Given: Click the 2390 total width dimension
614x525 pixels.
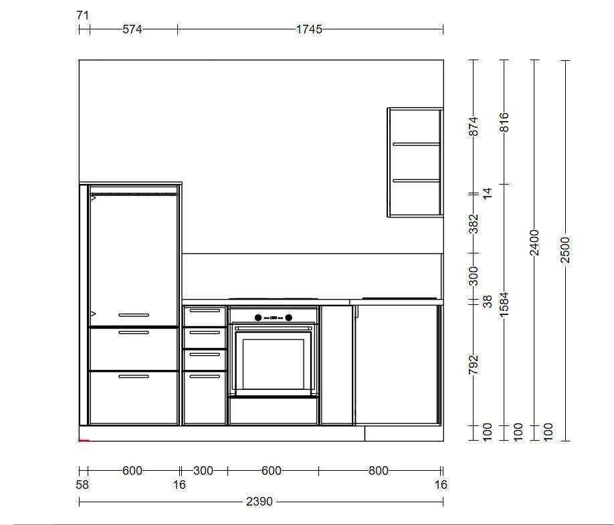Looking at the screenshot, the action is pos(259,502).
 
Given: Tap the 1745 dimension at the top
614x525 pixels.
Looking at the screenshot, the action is pos(309,29).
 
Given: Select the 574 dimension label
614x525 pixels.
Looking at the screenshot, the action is pos(132,29).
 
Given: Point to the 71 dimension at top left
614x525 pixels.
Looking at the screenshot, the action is pos(83,15).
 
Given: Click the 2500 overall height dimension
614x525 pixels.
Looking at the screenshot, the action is pos(565,249).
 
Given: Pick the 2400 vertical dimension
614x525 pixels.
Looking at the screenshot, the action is pos(534,243).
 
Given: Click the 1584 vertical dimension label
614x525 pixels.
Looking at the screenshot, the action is pos(504,304).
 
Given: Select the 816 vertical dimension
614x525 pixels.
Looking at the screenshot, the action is pos(504,122).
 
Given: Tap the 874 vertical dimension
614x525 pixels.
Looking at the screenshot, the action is pos(474,126).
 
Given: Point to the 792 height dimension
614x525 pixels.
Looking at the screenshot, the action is pos(474,364).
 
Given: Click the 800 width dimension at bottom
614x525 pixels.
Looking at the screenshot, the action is pos(379,471).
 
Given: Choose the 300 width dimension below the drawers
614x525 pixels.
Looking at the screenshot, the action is pos(203,471).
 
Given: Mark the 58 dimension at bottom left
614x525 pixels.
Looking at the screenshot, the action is pos(82,485).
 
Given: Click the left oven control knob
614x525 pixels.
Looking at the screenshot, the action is pos(258,318).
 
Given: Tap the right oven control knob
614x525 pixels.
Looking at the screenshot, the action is pos(288,318).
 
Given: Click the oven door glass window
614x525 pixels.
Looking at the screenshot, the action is pos(274,362).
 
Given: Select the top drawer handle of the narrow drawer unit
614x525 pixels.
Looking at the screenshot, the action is pos(205,310).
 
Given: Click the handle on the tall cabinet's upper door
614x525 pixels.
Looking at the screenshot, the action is pos(134,315).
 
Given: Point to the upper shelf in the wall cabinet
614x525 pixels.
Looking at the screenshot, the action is pos(416,144).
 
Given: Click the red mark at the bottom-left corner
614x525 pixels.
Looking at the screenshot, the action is pos(84,440).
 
